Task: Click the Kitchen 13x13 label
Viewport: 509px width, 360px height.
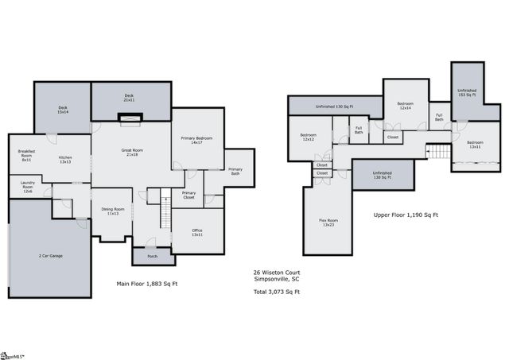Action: point(65,160)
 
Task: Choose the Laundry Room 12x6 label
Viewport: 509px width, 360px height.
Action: point(27,188)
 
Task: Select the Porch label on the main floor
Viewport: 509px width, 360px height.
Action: point(152,256)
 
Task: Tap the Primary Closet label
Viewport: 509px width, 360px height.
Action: point(188,195)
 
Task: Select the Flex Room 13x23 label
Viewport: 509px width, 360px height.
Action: point(326,222)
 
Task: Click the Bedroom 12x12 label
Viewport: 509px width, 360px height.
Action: point(309,137)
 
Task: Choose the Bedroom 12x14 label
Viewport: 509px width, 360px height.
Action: point(404,106)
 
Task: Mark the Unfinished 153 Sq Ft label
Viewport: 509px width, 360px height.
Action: point(467,92)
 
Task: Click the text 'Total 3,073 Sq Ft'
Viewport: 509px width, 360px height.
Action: point(271,292)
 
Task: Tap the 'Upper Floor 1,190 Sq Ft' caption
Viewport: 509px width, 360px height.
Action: point(406,215)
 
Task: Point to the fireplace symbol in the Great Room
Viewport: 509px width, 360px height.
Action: point(130,119)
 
